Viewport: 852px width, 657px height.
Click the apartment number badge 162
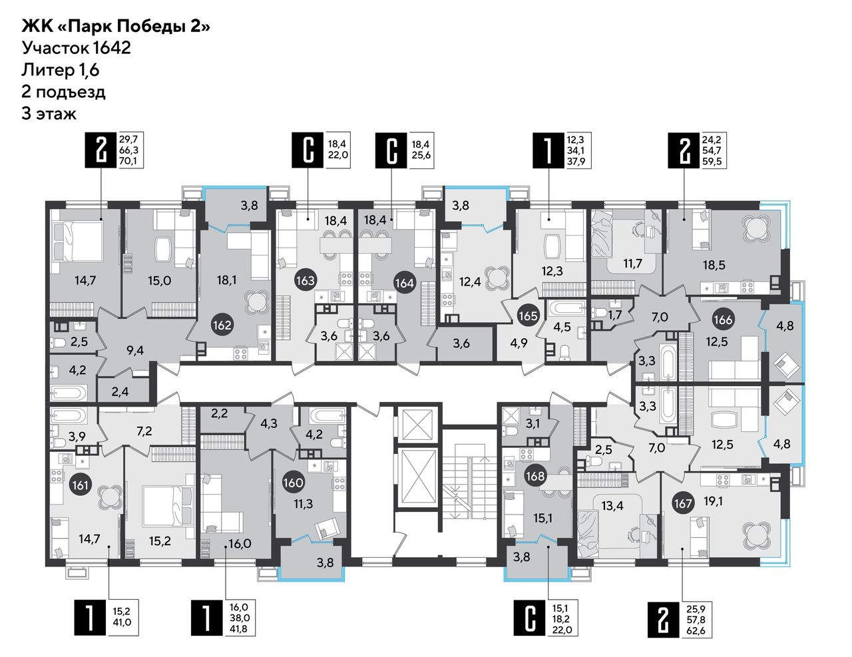click(223, 325)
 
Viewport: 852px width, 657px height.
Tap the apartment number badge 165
click(528, 316)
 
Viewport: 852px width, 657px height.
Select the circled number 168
click(536, 475)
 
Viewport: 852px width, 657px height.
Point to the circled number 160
click(294, 483)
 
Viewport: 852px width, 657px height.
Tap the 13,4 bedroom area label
click(613, 506)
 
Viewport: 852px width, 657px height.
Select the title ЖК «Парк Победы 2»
click(116, 27)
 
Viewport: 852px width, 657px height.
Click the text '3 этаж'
click(49, 114)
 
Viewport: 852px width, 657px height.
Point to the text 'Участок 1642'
click(76, 48)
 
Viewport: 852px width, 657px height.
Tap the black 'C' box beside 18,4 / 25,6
click(391, 150)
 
